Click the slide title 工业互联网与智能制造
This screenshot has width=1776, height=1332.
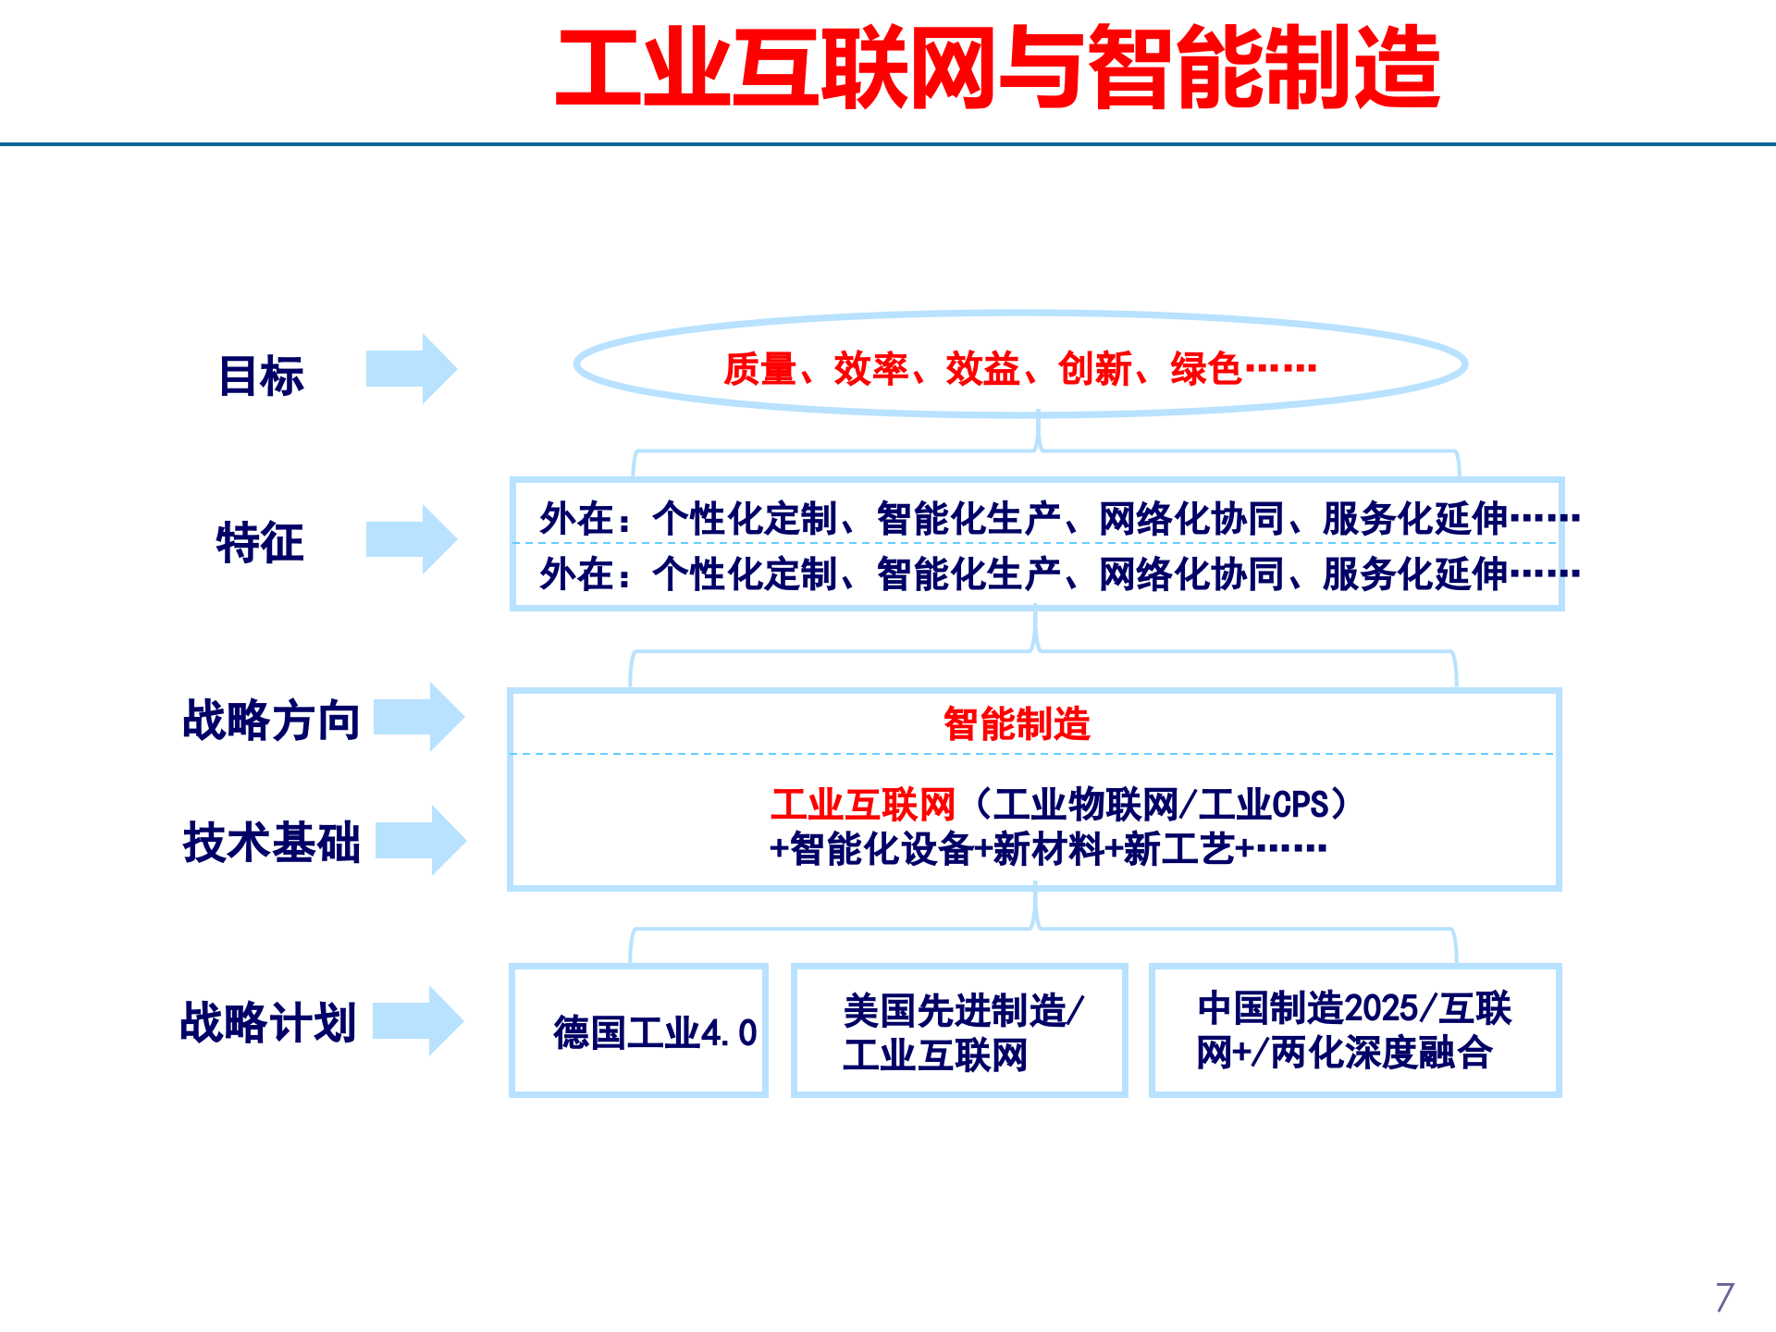click(997, 68)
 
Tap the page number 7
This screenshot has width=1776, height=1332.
click(1724, 1297)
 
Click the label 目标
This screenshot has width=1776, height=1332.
click(261, 376)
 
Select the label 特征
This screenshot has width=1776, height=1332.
click(259, 542)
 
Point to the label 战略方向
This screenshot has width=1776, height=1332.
click(271, 720)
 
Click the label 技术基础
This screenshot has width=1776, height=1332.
click(271, 842)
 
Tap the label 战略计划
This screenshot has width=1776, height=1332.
click(268, 1022)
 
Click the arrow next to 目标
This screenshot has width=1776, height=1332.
click(412, 369)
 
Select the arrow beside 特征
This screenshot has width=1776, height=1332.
click(412, 539)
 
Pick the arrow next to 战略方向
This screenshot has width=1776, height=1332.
click(418, 717)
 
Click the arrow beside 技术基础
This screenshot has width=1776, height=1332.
click(420, 840)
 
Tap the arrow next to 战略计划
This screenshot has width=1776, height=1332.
click(417, 1020)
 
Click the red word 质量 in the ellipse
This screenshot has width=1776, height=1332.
click(759, 369)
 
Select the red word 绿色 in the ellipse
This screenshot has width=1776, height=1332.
click(1205, 369)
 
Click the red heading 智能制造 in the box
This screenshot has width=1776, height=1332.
click(1017, 723)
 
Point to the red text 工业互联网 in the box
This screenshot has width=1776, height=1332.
click(862, 805)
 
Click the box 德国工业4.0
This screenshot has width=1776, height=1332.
click(638, 1031)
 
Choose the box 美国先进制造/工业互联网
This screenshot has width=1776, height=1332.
click(959, 1031)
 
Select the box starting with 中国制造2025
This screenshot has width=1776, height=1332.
click(1354, 1030)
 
